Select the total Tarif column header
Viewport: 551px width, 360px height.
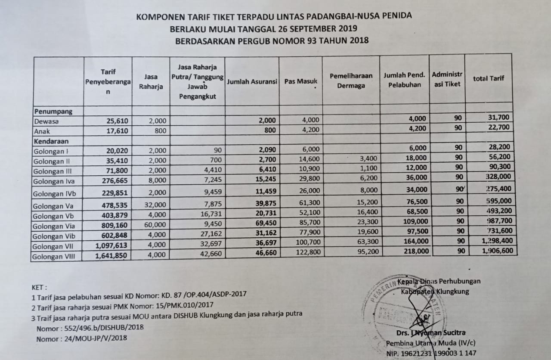[x=489, y=78]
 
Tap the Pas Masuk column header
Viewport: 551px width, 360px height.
[x=300, y=81]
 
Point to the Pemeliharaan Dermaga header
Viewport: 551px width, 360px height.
[x=350, y=81]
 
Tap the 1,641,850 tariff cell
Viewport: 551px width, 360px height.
[x=111, y=255]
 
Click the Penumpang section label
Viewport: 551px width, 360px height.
[x=53, y=111]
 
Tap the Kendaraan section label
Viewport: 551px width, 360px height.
[x=52, y=141]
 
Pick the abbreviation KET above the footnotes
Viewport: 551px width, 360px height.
[x=39, y=287]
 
